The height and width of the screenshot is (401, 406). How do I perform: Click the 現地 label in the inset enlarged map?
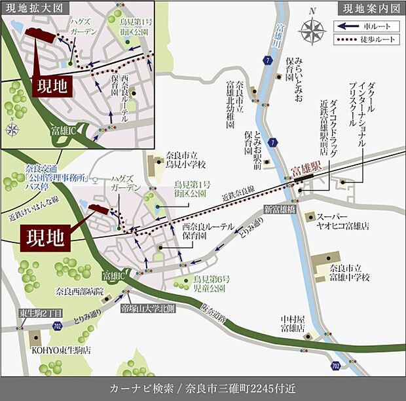(52, 86)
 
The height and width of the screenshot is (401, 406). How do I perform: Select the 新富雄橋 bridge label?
(281, 208)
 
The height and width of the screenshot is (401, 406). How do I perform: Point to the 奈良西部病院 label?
(80, 291)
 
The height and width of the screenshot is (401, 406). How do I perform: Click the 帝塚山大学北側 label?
(149, 307)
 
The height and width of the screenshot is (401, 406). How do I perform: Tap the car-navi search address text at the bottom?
(203, 387)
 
